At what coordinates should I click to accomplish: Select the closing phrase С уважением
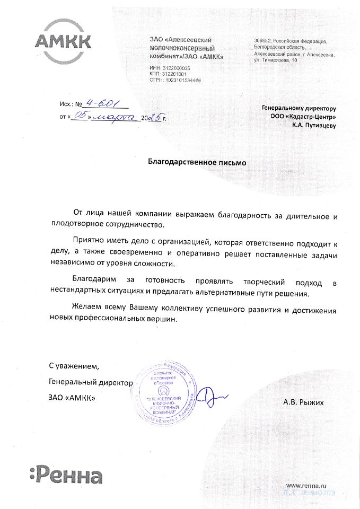74,366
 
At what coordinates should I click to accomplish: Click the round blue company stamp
165,394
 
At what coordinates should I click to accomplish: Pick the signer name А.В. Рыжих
303,402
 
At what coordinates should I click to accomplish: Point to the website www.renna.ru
306,486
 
